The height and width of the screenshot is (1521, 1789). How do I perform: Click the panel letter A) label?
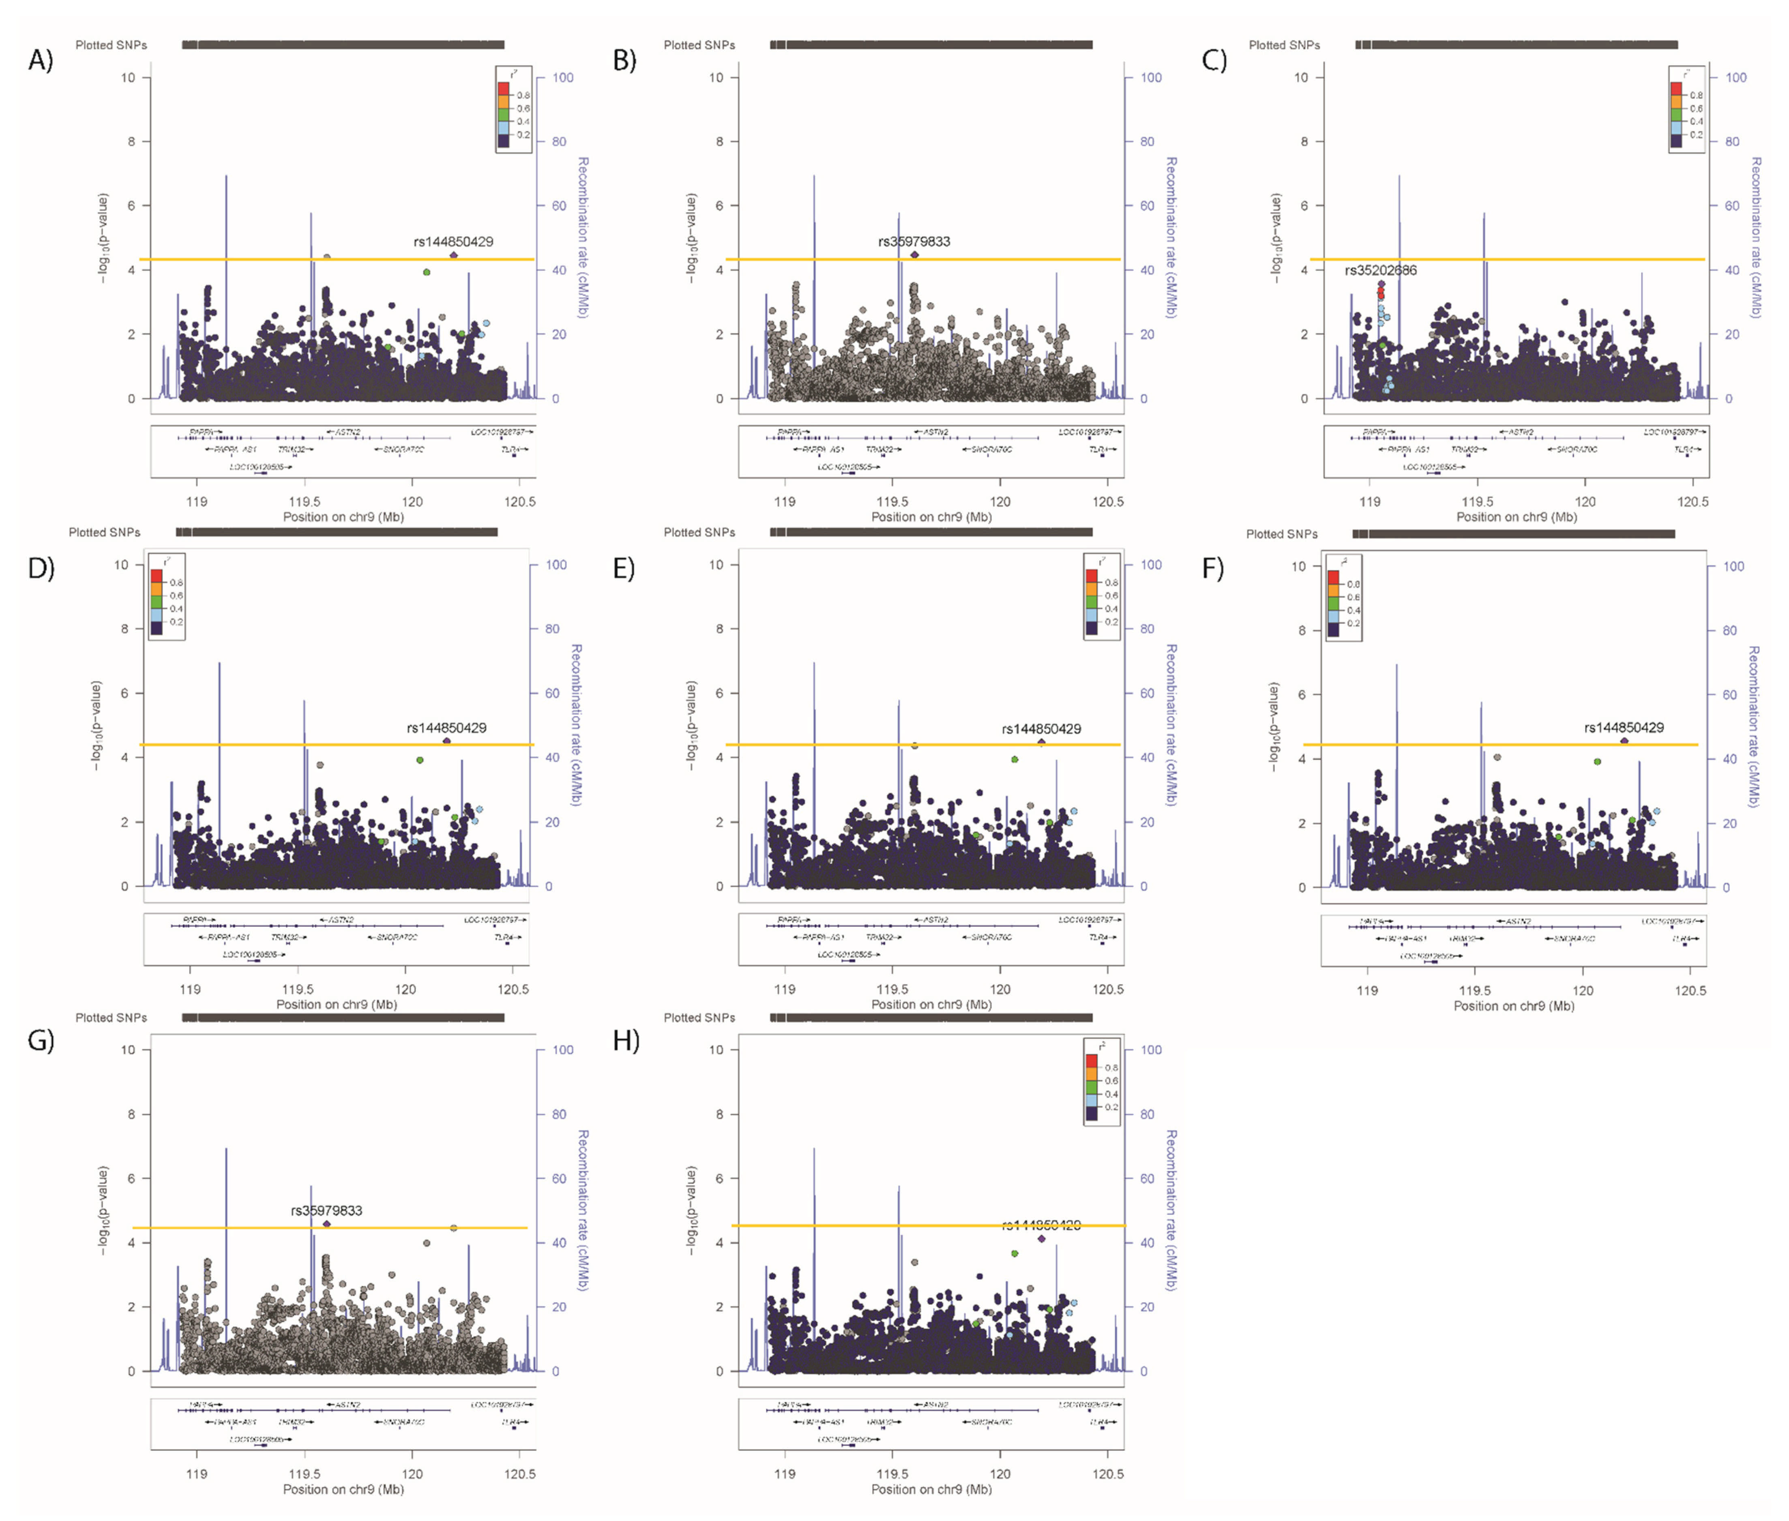click(41, 60)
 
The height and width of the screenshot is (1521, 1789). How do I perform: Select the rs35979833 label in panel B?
click(914, 241)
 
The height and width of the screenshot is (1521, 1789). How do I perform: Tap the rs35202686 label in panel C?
click(1380, 270)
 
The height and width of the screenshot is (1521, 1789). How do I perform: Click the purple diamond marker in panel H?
click(1042, 1238)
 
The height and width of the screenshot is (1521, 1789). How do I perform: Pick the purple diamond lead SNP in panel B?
click(915, 254)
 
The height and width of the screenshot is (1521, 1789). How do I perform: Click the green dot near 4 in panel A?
click(426, 273)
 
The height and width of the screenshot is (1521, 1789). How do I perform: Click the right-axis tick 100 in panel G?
click(562, 1049)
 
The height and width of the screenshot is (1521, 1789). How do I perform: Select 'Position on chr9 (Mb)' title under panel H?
click(931, 1489)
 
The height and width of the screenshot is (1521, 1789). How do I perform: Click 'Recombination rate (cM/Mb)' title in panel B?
click(1171, 237)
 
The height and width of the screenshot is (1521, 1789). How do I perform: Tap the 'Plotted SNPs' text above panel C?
click(1284, 45)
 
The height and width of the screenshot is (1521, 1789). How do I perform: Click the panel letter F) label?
click(1213, 569)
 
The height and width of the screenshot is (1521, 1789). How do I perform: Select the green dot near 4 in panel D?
click(420, 760)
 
